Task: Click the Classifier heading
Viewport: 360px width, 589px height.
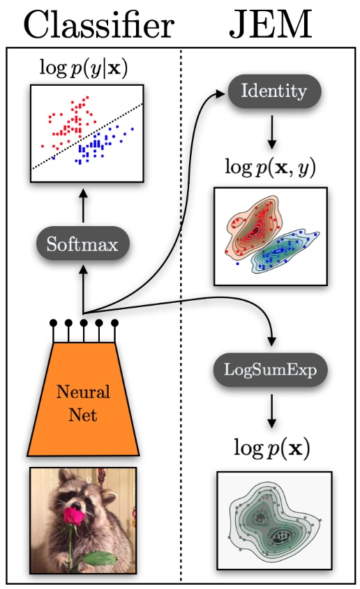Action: coord(99,25)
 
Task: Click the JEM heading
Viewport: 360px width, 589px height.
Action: coord(271,25)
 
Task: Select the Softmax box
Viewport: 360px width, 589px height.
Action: coord(83,244)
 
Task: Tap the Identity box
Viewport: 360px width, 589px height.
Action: coord(274,91)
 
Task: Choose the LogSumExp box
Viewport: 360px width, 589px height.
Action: coord(270,370)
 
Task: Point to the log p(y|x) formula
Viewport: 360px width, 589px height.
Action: coord(84,68)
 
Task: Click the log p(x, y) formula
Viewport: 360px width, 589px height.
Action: coord(270,167)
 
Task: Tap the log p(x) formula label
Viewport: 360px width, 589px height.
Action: coord(272,448)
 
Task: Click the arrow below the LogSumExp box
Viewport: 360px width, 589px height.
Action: coord(271,410)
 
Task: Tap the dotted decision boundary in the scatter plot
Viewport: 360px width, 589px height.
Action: coord(87,136)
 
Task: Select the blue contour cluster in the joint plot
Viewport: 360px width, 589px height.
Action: coord(285,249)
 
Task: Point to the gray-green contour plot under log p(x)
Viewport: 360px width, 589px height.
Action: coord(274,521)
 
